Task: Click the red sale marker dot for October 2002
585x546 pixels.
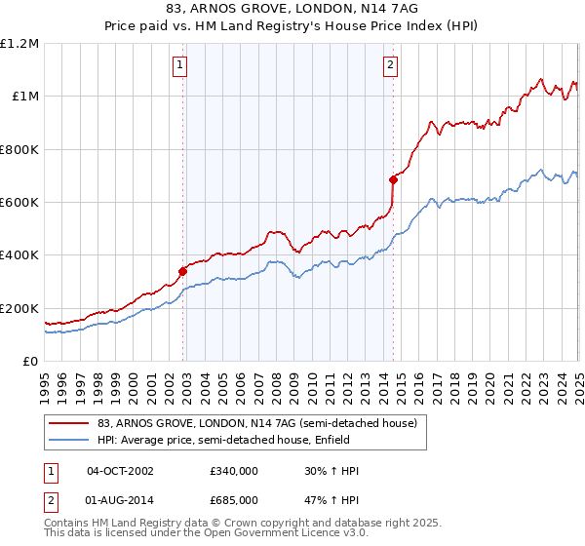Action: click(x=182, y=271)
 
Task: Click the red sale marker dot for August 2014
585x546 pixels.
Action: click(x=393, y=179)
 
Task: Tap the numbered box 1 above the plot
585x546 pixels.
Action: click(x=181, y=66)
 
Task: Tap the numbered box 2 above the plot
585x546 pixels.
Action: click(x=390, y=66)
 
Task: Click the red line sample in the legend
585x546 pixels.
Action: click(x=70, y=424)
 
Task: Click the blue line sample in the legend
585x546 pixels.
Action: click(x=70, y=440)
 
